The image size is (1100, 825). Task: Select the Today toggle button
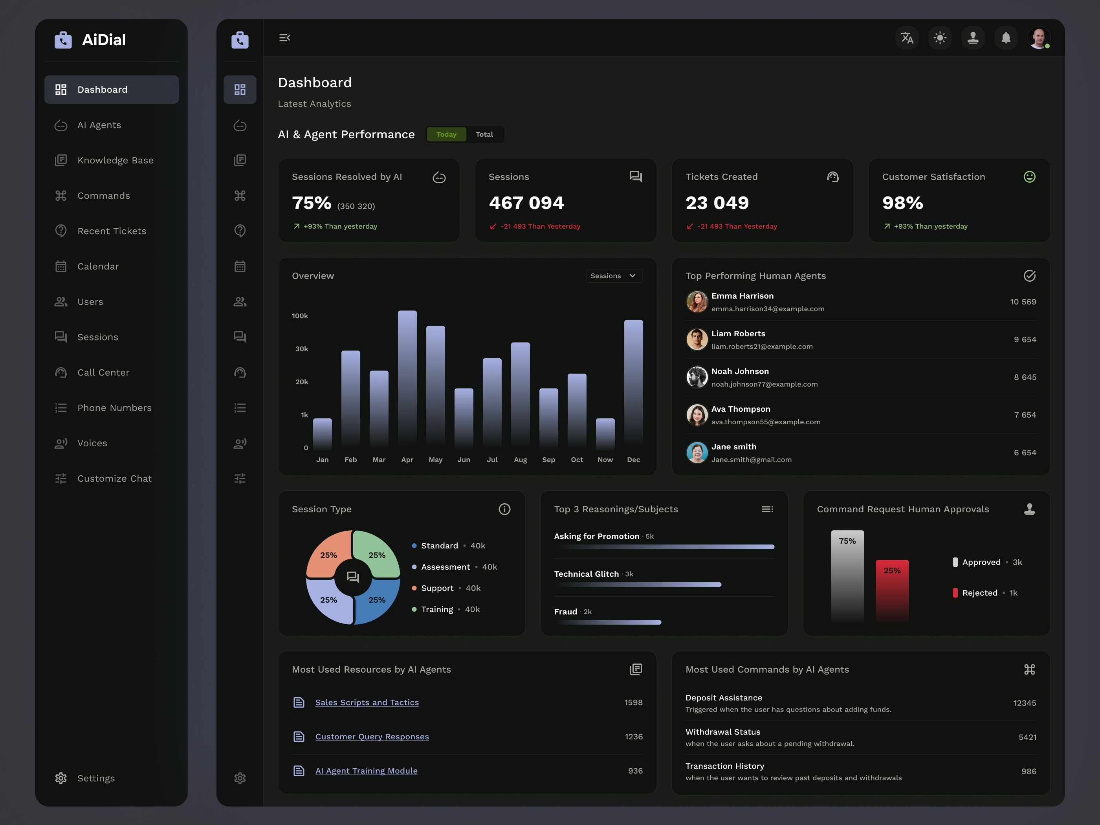(x=446, y=134)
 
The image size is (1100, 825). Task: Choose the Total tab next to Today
(x=484, y=134)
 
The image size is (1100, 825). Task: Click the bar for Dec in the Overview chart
(x=633, y=383)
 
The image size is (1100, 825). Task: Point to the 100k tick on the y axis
(x=300, y=316)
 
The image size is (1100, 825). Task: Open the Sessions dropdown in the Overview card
(x=614, y=275)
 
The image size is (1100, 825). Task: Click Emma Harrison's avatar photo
(x=697, y=302)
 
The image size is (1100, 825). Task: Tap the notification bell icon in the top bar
(x=1005, y=38)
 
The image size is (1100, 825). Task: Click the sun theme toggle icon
(x=939, y=38)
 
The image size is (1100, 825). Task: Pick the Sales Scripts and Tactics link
(x=367, y=702)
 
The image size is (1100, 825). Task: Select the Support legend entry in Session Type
(x=437, y=588)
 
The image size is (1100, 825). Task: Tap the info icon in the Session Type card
(x=504, y=509)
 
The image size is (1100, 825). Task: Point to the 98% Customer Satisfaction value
(x=902, y=203)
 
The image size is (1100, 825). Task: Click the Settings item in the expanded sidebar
(x=95, y=778)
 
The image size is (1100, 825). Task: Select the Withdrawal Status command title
(x=722, y=732)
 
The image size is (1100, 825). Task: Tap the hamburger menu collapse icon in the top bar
(x=284, y=38)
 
